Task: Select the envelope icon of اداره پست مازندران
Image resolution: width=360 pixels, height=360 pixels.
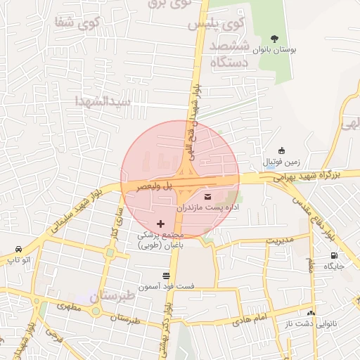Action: point(207,196)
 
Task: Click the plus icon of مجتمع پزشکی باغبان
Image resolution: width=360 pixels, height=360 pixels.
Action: point(160,224)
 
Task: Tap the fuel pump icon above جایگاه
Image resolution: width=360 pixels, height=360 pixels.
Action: point(333,256)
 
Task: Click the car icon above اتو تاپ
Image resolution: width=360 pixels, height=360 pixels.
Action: point(18,250)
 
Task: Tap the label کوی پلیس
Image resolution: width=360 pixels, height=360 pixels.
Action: point(216,24)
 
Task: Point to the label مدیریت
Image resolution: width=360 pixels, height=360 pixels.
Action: point(278,240)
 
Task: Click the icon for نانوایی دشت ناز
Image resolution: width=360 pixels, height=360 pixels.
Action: point(311,311)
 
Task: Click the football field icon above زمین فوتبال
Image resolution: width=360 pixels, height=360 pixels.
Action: point(281,150)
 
